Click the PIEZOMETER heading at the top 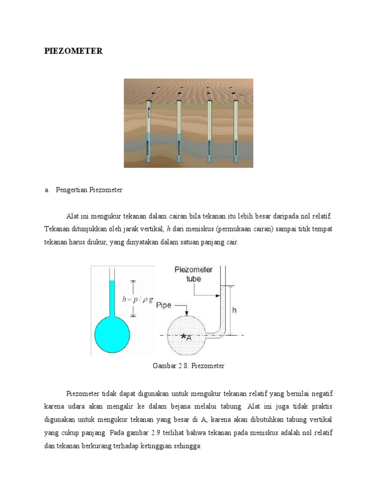click(x=74, y=51)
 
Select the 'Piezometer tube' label click(x=193, y=274)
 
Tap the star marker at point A click(x=184, y=336)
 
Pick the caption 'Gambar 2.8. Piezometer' click(x=189, y=366)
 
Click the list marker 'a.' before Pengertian click(x=47, y=190)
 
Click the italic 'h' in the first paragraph click(x=168, y=229)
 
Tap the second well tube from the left click(x=179, y=130)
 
